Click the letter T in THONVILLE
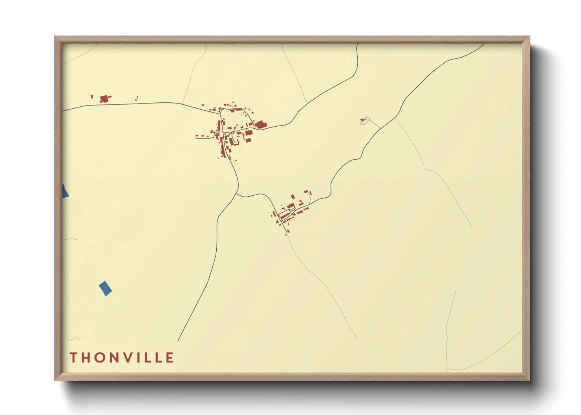tap(73, 357)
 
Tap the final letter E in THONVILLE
tap(170, 357)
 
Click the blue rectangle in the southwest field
tap(105, 288)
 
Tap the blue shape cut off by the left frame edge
tap(65, 191)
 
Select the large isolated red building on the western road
tap(104, 98)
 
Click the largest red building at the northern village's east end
tap(260, 125)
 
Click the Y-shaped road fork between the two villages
tap(237, 192)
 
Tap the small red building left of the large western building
tap(92, 96)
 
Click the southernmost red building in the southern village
tap(286, 234)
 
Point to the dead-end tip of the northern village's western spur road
tap(196, 138)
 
